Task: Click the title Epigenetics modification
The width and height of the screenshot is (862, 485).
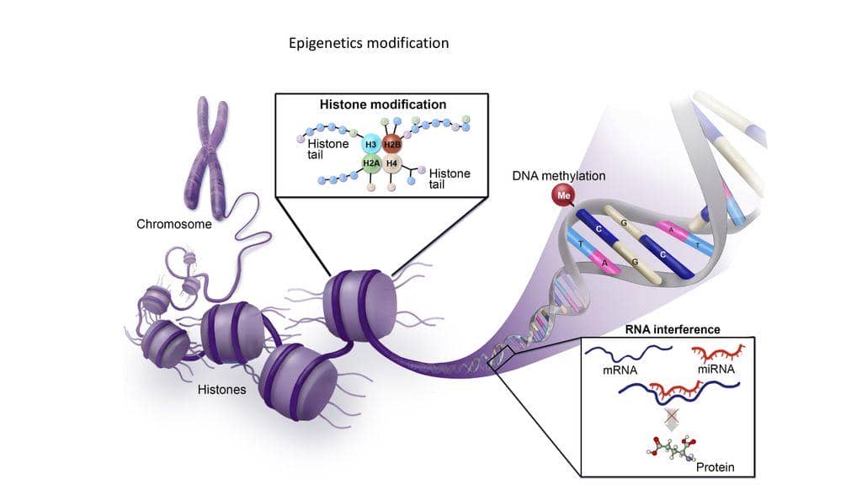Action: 369,43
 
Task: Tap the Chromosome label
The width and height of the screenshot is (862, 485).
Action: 174,225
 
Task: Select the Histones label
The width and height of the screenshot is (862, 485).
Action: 221,390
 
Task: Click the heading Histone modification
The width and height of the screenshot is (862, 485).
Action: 382,105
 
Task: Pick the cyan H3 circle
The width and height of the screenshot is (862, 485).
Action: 371,145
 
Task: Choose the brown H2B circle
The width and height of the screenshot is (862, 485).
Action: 392,145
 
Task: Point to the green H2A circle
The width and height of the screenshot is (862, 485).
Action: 371,163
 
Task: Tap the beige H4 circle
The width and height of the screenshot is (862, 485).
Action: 392,163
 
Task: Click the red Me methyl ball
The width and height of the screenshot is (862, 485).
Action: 561,195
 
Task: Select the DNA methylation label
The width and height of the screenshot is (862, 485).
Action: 558,176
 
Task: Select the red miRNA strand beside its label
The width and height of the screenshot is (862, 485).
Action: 716,351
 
